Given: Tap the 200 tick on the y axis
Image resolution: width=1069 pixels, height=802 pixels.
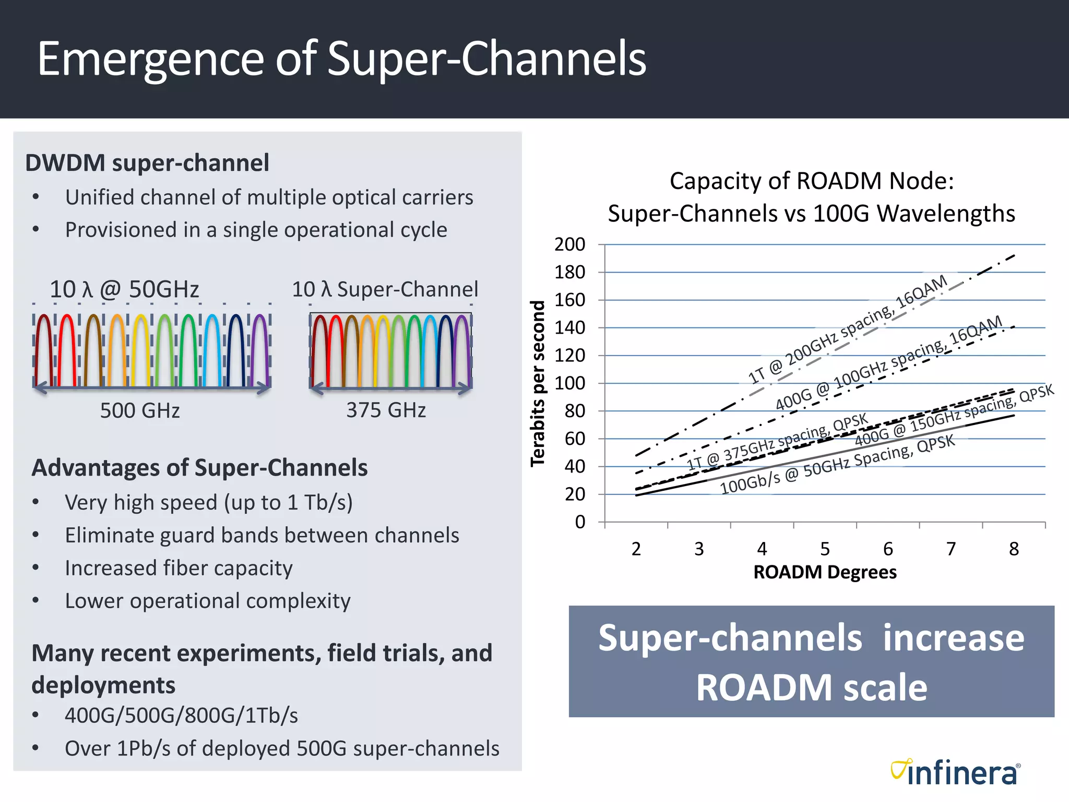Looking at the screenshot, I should [x=569, y=244].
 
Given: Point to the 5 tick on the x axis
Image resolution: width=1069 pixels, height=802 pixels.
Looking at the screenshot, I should [x=825, y=549].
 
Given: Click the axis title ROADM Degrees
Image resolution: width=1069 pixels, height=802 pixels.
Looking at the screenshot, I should [x=825, y=572].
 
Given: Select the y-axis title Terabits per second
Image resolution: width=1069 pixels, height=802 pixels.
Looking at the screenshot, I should [x=538, y=383].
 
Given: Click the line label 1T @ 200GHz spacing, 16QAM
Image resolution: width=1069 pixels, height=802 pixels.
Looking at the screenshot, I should [x=848, y=329].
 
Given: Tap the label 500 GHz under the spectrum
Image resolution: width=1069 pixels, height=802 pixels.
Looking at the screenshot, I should [x=140, y=410].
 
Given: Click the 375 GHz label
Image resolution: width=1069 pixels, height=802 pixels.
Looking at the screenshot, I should [x=386, y=410].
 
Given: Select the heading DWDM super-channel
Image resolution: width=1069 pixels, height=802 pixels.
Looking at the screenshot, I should [x=147, y=163].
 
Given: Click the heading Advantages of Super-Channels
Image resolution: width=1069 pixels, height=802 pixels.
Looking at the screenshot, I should [x=199, y=468].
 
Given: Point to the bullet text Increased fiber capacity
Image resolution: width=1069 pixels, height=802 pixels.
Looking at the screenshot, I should [x=179, y=568].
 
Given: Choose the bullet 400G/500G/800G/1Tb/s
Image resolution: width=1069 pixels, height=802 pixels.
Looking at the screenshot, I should [x=181, y=716].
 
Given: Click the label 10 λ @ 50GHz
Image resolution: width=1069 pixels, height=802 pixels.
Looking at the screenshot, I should [x=124, y=289].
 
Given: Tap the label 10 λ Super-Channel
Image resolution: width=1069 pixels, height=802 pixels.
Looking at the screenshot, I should [x=385, y=289].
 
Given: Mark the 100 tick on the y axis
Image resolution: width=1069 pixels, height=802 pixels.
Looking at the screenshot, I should [x=569, y=383].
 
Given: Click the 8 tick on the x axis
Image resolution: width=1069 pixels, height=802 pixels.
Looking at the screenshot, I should [x=1014, y=549].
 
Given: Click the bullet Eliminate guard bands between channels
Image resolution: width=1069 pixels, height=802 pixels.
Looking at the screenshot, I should [x=262, y=535].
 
